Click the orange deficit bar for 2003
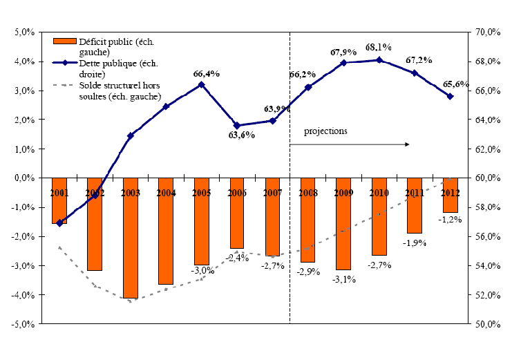coord(130,238)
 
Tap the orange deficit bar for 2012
coord(451,195)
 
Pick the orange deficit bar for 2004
coord(166,231)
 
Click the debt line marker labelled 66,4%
coord(201,84)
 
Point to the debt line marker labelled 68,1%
coord(379,60)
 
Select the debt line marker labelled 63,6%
coord(237,126)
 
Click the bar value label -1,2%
coord(451,220)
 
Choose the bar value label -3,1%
coord(343,279)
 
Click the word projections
coord(325,130)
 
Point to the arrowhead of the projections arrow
coord(408,144)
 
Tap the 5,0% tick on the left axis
coord(25,32)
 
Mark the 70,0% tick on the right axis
coord(488,32)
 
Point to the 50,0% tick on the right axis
coord(488,324)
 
